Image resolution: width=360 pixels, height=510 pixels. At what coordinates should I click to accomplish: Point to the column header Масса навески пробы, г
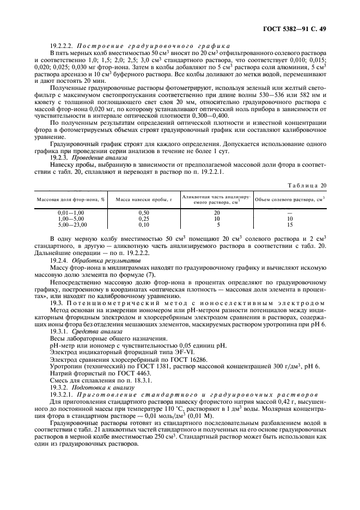tap(144, 199)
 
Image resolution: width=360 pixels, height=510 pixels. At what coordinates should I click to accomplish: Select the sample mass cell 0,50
tap(144, 212)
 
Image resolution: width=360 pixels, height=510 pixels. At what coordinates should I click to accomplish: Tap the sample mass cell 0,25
tap(144, 218)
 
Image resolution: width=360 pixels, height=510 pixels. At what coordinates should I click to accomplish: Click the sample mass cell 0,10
tap(144, 224)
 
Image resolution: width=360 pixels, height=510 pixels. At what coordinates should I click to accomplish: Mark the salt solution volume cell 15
tap(290, 224)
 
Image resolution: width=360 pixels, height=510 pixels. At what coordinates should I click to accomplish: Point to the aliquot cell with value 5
tap(218, 224)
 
